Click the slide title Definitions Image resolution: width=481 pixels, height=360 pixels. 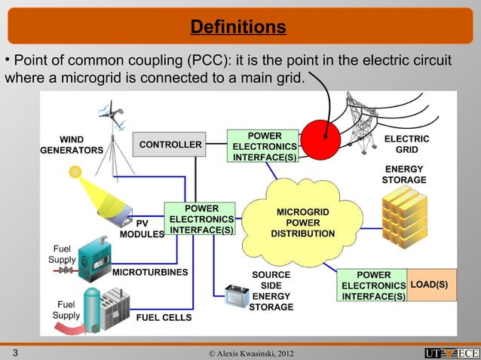click(x=238, y=28)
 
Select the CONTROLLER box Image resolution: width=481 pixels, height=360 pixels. click(x=170, y=145)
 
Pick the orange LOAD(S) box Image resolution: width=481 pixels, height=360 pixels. click(x=432, y=285)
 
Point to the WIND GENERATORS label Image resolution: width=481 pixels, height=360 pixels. click(x=72, y=145)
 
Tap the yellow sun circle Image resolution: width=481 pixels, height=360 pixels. click(x=75, y=172)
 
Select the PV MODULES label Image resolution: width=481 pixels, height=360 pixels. click(x=142, y=229)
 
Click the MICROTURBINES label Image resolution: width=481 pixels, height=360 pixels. click(x=150, y=271)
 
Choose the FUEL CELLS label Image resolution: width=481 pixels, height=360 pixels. click(x=164, y=318)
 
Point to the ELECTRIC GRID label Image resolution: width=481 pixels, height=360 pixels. click(x=406, y=145)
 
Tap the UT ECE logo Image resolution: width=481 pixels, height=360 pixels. click(x=450, y=352)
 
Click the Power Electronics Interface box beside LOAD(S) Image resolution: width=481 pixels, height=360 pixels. click(x=373, y=285)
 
